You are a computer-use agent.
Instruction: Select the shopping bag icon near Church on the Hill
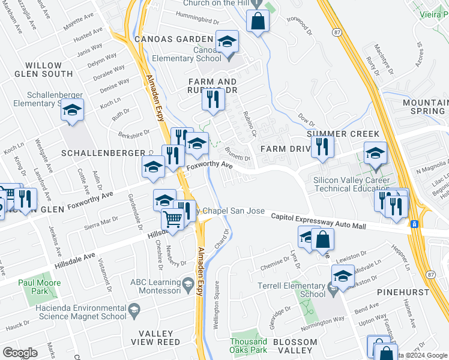258,21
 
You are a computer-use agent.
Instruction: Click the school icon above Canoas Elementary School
228,41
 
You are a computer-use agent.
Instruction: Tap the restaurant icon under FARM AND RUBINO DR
212,98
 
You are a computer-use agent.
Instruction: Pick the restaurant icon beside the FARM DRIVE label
323,146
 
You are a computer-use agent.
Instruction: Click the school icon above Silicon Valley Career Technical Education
375,154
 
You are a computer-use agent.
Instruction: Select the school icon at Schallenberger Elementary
72,110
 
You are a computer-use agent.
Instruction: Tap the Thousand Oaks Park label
248,345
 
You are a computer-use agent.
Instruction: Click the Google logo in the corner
20,352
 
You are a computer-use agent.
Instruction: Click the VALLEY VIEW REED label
160,337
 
